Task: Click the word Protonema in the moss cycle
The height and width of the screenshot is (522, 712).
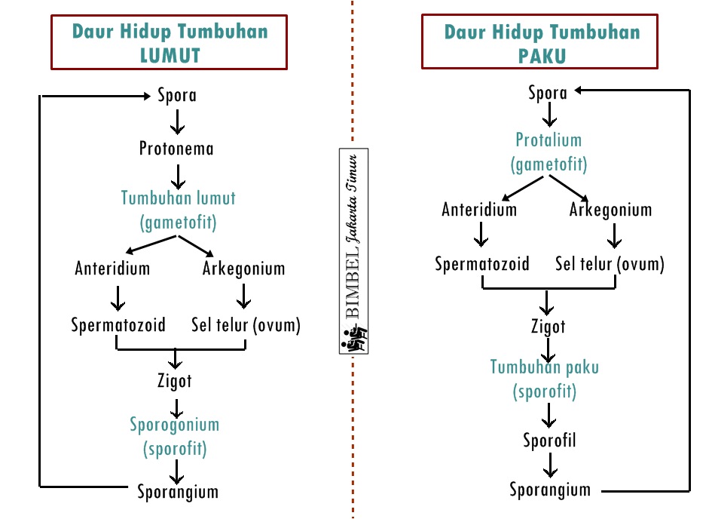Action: pyautogui.click(x=176, y=149)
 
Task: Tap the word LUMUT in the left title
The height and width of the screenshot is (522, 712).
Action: pyautogui.click(x=170, y=55)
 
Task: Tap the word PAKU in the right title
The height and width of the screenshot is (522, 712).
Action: pyautogui.click(x=542, y=56)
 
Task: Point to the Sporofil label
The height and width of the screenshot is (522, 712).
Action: pyautogui.click(x=549, y=440)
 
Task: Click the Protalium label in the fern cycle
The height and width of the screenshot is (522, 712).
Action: pyautogui.click(x=549, y=140)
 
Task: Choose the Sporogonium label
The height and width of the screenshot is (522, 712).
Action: pyautogui.click(x=174, y=424)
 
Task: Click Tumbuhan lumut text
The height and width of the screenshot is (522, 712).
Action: pyautogui.click(x=179, y=198)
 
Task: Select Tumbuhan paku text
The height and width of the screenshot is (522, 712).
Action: pyautogui.click(x=545, y=367)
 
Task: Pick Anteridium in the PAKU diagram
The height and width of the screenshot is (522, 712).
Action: pyautogui.click(x=479, y=209)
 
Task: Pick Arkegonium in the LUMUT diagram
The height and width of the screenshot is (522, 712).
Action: pyautogui.click(x=243, y=268)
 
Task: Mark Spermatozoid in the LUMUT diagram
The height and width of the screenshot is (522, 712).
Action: pyautogui.click(x=118, y=325)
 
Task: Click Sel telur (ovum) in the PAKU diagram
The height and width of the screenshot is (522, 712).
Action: pyautogui.click(x=610, y=264)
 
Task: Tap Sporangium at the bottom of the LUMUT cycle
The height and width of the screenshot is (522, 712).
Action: pyautogui.click(x=178, y=492)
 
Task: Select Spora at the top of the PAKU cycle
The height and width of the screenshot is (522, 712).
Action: pyautogui.click(x=548, y=93)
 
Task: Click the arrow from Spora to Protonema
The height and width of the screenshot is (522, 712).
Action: pyautogui.click(x=177, y=121)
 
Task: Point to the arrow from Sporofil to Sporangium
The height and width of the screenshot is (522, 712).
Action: pyautogui.click(x=550, y=464)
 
